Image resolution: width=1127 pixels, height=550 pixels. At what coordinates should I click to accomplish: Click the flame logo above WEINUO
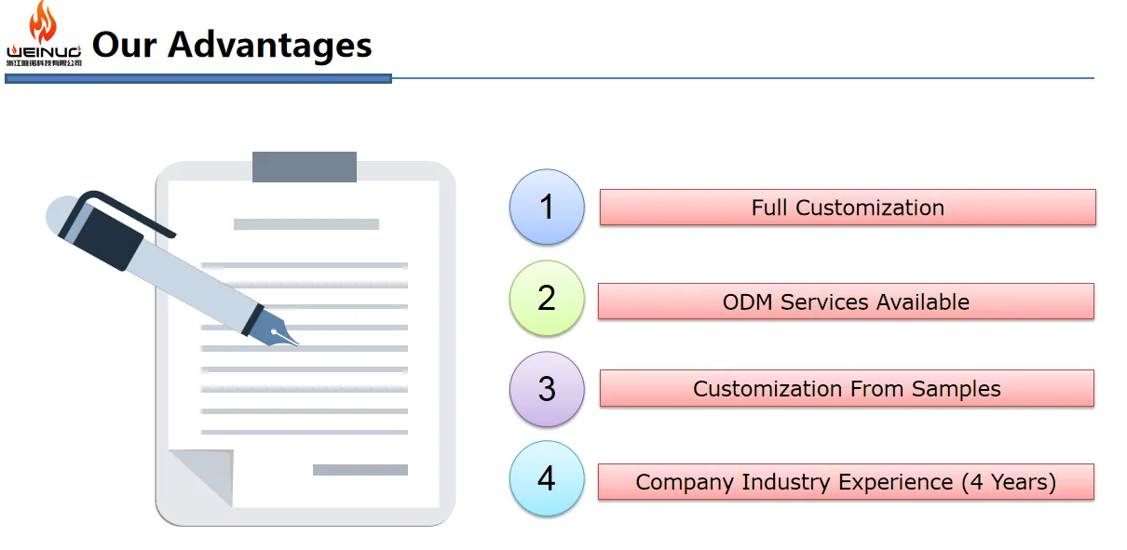coord(42,22)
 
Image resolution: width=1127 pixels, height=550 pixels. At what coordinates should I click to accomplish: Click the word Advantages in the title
coord(270,44)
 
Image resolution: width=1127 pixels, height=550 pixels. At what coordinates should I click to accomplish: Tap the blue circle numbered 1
coord(547,207)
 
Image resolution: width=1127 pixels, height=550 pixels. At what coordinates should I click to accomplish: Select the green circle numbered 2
coord(547,298)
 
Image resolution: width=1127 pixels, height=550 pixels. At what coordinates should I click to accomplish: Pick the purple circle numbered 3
coord(547,389)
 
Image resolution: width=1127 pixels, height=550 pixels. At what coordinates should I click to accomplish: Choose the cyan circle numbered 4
coord(547,478)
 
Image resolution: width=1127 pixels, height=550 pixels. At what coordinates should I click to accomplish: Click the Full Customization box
coord(848,208)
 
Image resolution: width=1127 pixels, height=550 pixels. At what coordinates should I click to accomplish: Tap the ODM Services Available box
coord(846,302)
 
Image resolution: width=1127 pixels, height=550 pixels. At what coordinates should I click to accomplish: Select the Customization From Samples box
coord(847,388)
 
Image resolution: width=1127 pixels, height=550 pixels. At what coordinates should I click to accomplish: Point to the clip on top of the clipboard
coord(305,167)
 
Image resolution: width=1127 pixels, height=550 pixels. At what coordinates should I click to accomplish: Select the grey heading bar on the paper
coord(306,224)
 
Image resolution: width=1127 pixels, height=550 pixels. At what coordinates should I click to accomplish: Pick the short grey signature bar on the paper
coord(360,470)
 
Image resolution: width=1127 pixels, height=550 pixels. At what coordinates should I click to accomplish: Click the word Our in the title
coord(124,44)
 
